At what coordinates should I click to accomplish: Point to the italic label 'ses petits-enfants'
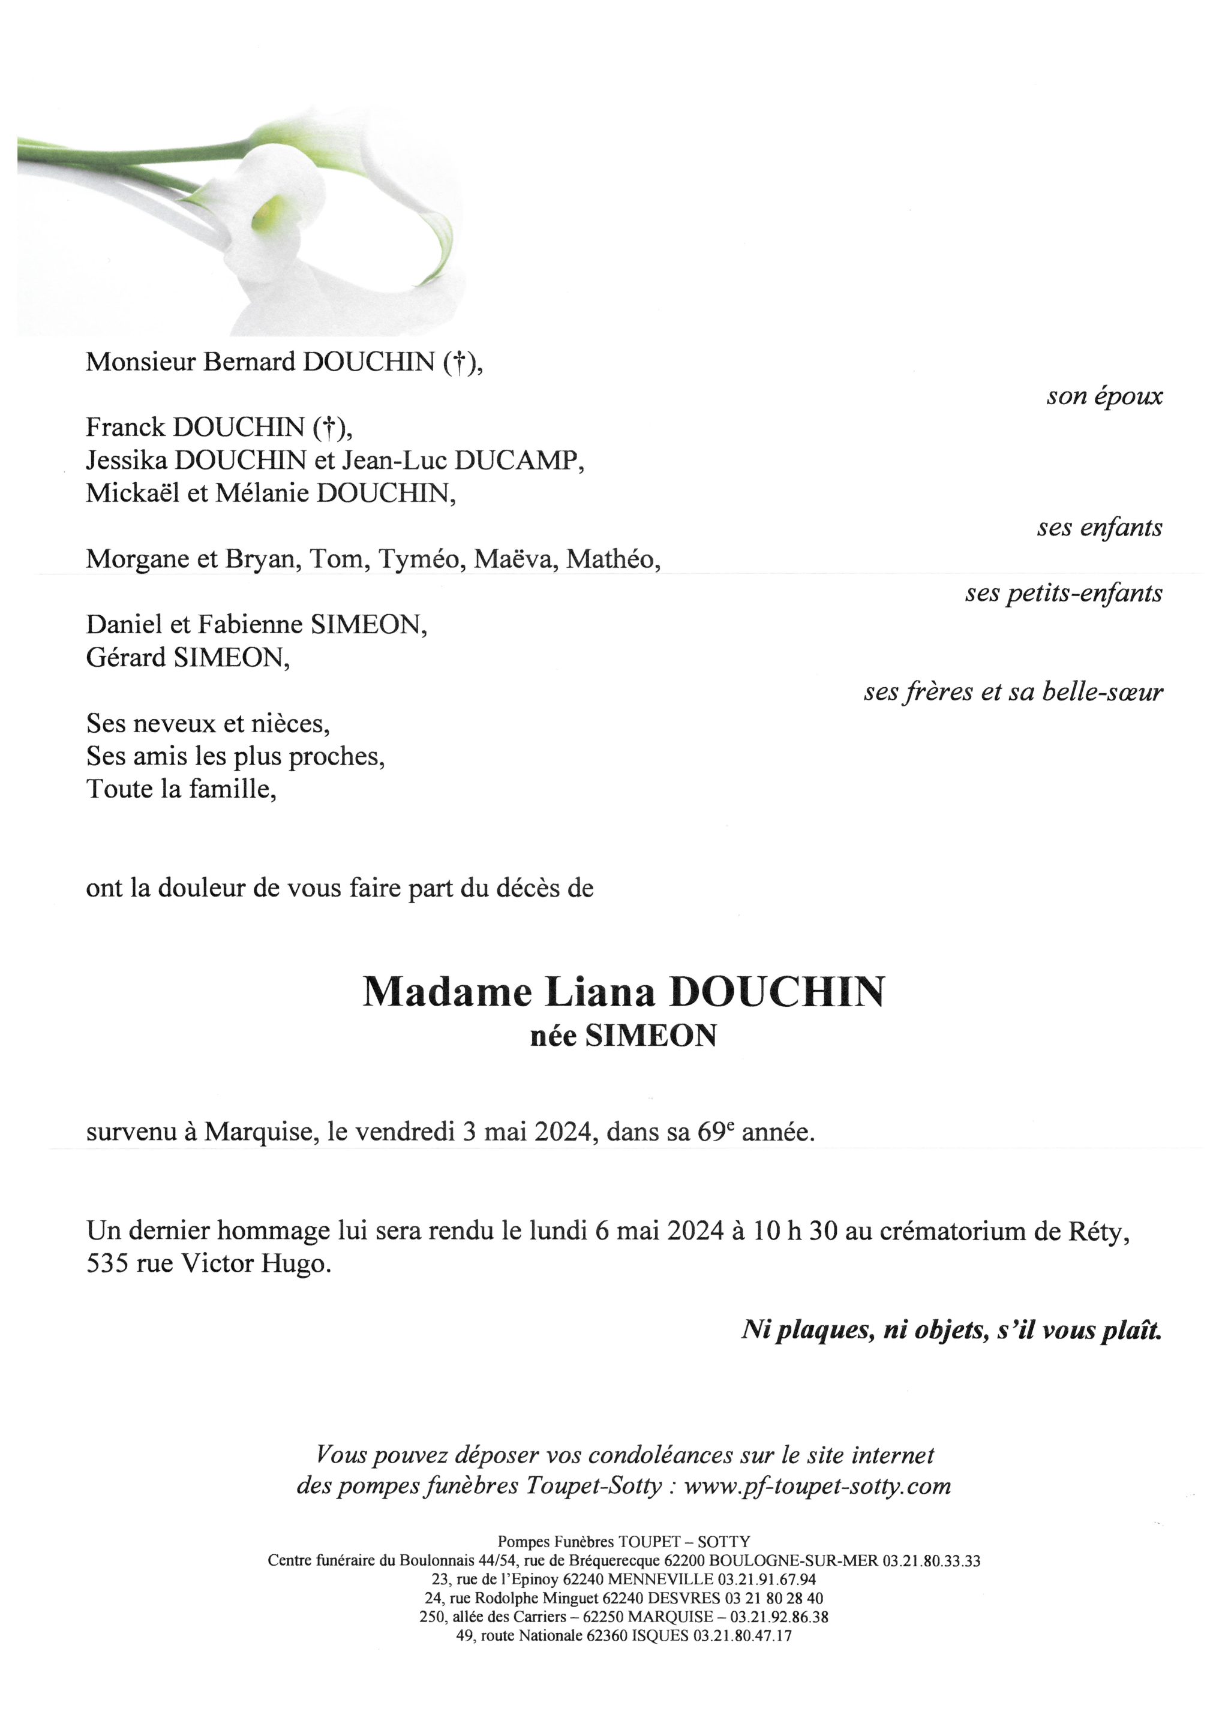1063,594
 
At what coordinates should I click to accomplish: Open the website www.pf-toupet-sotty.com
817,1487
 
